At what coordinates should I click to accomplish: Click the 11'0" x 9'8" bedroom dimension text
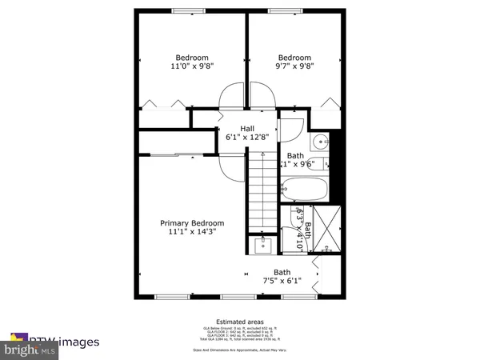(x=192, y=68)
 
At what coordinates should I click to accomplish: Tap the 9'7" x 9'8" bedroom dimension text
(x=294, y=68)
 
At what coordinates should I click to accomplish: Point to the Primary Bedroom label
(x=192, y=223)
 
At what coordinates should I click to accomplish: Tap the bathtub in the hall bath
(x=302, y=190)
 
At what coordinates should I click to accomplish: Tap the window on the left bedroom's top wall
(x=190, y=10)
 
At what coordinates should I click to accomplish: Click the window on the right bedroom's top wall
(x=293, y=10)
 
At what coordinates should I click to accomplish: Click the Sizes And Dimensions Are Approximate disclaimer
(x=239, y=350)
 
